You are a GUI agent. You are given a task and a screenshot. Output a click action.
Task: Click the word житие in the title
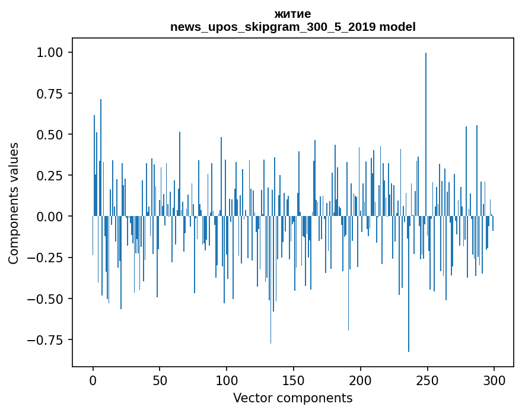point(292,14)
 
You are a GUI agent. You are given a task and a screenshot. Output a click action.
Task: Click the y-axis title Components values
point(14,203)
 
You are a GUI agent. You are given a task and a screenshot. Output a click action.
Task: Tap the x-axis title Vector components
point(292,398)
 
